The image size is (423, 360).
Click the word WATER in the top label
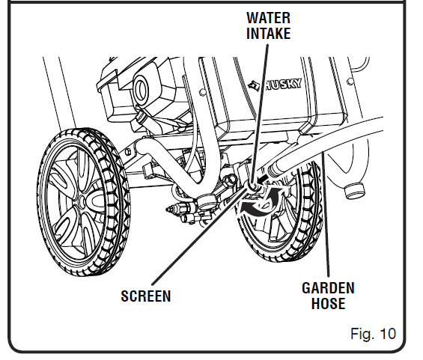(269, 18)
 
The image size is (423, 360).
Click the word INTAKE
(269, 33)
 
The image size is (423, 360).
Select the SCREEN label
(146, 296)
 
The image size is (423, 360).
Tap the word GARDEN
(328, 288)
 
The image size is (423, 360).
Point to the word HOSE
(329, 303)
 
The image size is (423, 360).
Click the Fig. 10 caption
(373, 334)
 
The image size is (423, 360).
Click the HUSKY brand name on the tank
(282, 85)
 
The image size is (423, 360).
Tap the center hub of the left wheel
(82, 201)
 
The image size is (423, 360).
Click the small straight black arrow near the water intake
(263, 178)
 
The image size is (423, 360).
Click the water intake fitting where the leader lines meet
(252, 186)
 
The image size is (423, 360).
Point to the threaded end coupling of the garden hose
(275, 170)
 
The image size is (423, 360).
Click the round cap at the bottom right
(354, 190)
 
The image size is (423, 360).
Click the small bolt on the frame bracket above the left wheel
(129, 151)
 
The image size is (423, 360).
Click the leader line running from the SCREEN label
(200, 235)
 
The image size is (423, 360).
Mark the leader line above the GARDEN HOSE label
(326, 214)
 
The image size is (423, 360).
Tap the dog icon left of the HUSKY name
(255, 85)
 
